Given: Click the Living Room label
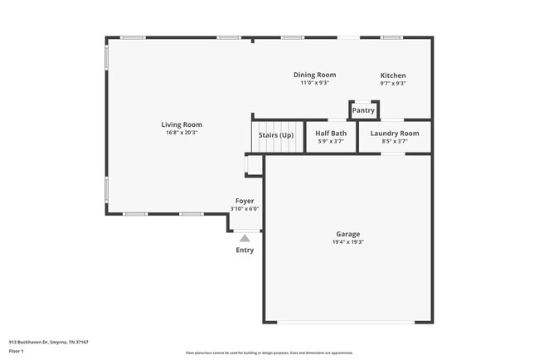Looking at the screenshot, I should point(182,124).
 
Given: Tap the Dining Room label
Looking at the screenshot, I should point(315,75).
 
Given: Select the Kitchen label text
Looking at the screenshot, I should point(393,75).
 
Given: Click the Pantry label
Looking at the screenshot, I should point(363,110).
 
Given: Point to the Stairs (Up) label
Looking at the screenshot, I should point(276,134).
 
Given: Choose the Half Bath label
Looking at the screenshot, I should point(331,134).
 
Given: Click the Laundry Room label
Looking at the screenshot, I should point(394,134).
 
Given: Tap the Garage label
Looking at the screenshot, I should point(347,234).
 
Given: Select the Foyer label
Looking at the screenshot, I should point(245,201).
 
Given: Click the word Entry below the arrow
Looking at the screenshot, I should point(245,250).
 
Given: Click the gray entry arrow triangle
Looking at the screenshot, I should point(245,238).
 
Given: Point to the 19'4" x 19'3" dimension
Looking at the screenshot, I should point(347,242).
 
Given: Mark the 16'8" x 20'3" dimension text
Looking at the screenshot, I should point(182,133).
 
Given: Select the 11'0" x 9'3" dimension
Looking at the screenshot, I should point(315,83).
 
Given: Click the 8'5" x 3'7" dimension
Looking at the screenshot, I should point(394,142).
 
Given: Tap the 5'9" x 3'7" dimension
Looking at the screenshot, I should point(331,142).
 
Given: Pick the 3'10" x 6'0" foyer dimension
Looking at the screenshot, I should point(245,209).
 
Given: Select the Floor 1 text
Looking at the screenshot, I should point(17,351).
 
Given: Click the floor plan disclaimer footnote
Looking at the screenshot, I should point(269,353).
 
